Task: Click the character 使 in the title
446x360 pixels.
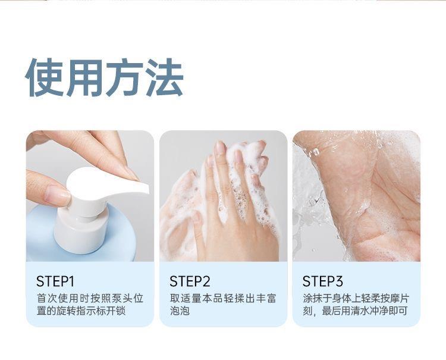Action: point(45,77)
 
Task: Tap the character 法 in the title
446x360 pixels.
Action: point(164,77)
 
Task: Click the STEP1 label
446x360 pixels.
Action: point(55,281)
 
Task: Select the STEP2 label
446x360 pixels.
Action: point(190,281)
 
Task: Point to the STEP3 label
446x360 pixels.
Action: point(322,281)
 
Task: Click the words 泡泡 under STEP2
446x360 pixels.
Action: point(180,311)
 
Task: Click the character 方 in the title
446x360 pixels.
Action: point(125,77)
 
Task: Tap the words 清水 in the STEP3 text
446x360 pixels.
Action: point(361,311)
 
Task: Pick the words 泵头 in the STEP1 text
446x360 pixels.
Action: point(122,299)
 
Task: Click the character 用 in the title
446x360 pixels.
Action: point(84,77)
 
